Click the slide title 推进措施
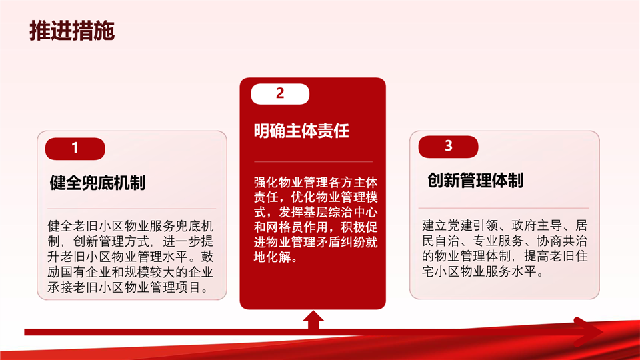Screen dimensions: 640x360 (x=72, y=31)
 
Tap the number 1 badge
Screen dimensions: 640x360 (x=75, y=149)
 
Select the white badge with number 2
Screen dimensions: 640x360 (x=280, y=94)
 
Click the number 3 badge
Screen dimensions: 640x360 (x=448, y=147)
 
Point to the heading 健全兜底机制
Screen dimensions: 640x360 (x=97, y=183)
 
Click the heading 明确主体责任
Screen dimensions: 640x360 (x=301, y=131)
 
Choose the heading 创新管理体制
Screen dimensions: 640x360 (x=475, y=180)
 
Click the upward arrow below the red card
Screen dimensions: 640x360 (x=313, y=319)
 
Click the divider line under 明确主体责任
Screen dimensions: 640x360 (x=313, y=162)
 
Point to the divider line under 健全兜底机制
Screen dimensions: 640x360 (x=131, y=209)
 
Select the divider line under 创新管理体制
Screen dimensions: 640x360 (x=504, y=208)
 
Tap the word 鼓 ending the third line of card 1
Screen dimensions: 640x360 (x=207, y=257)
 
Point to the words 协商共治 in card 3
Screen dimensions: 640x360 (x=562, y=241)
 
